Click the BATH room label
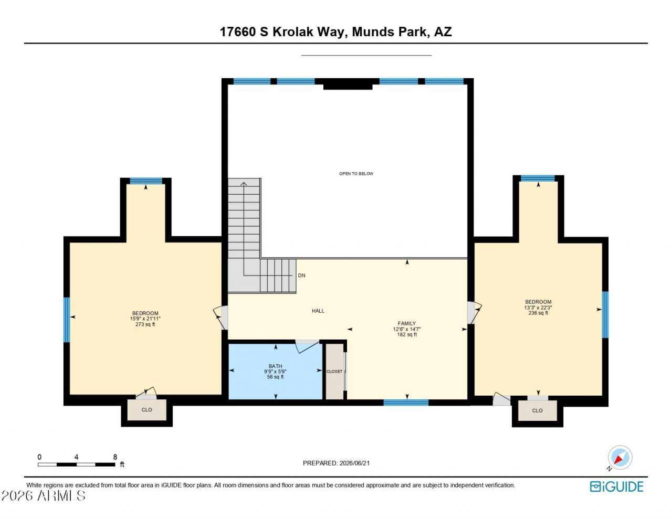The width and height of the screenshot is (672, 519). (x=275, y=366)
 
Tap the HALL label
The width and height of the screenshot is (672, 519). (x=318, y=311)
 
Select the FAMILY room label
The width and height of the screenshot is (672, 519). (x=407, y=323)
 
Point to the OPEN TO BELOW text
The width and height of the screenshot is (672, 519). (x=356, y=174)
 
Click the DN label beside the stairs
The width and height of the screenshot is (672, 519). (x=301, y=276)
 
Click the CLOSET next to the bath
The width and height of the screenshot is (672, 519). (x=334, y=371)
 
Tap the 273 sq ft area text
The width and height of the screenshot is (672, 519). (x=145, y=324)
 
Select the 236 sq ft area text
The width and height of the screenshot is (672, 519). (x=538, y=313)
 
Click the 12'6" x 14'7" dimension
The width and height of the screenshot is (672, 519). (x=407, y=329)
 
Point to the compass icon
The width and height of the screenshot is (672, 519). (x=619, y=458)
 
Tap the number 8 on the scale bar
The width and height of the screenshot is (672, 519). (x=115, y=457)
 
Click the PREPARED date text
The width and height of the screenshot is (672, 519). (x=336, y=463)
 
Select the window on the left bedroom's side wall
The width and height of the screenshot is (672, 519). (x=67, y=320)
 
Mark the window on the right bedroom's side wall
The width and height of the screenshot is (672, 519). (x=605, y=315)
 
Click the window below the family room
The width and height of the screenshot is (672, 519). (x=406, y=402)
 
